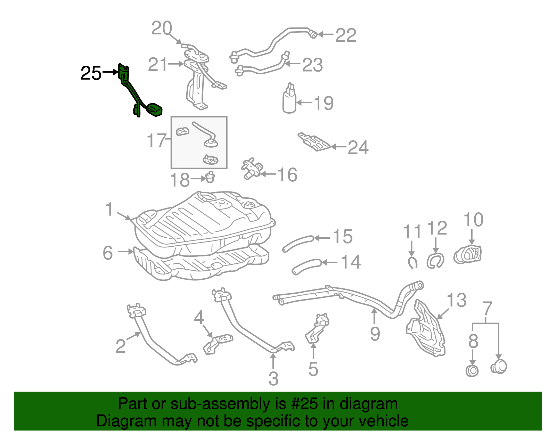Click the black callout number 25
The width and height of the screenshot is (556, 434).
[91, 73]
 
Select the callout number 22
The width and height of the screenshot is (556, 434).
[346, 35]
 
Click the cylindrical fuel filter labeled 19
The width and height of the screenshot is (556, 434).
[289, 101]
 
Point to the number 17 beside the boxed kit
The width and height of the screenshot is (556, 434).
[157, 140]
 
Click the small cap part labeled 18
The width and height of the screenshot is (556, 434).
[210, 177]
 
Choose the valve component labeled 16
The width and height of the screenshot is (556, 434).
[251, 169]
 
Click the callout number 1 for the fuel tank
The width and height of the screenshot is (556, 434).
[109, 209]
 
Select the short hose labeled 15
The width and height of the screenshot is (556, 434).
[298, 243]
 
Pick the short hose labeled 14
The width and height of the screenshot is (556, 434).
[306, 266]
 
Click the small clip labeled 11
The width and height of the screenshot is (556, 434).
[412, 262]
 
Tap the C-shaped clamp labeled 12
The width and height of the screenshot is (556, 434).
[435, 261]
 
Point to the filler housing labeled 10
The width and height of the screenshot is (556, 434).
[468, 255]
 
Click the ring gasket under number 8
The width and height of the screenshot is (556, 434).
[472, 371]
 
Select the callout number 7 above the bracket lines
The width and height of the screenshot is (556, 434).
[488, 308]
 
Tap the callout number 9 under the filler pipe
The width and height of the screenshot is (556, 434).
[375, 334]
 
